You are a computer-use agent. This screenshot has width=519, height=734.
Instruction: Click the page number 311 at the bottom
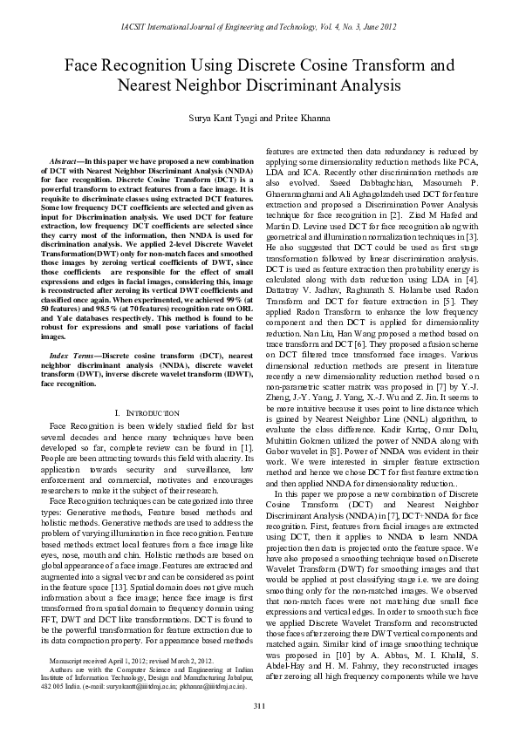tap(259, 704)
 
